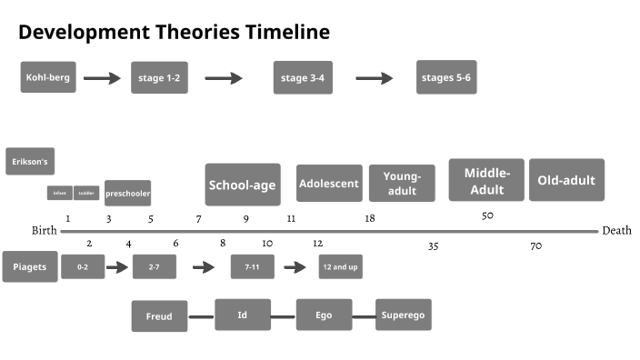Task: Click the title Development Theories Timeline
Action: (x=174, y=33)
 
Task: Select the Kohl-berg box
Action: (x=48, y=77)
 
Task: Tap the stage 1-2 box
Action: (x=159, y=78)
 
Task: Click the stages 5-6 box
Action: (x=446, y=77)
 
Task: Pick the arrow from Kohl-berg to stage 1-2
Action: (x=102, y=78)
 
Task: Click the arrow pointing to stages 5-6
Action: (x=374, y=78)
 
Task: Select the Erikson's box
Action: (x=30, y=162)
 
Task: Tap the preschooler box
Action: (x=127, y=193)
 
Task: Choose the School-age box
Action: (x=242, y=185)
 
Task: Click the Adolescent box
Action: (x=329, y=183)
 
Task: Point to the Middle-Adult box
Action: (x=486, y=180)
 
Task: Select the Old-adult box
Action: (x=566, y=180)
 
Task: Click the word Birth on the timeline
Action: (x=45, y=231)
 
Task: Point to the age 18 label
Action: (x=370, y=218)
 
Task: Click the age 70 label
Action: (x=536, y=245)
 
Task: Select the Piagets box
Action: (x=30, y=266)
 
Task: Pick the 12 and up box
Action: (x=340, y=267)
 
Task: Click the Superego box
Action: (x=403, y=315)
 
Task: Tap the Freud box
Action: (x=159, y=316)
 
